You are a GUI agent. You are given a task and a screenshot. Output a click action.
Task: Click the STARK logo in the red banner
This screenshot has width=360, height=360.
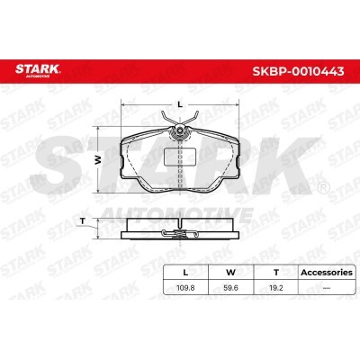pos(38,70)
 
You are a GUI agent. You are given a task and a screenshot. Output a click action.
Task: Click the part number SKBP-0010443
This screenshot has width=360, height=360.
pos(298,71)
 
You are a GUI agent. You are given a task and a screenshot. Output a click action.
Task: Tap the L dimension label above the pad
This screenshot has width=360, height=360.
pos(180,104)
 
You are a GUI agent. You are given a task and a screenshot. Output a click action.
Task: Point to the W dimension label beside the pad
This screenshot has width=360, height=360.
pos(98,160)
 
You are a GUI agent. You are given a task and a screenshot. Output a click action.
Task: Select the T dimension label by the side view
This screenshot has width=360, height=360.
pos(83,221)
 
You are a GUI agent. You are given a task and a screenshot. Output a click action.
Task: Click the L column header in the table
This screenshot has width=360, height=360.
pos(185,273)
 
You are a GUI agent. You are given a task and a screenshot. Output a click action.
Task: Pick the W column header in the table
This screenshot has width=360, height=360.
pos(230,273)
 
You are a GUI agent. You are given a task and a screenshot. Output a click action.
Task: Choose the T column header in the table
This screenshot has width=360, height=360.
pos(276,273)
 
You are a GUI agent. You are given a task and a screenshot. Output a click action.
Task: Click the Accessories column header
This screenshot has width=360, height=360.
pos(327,273)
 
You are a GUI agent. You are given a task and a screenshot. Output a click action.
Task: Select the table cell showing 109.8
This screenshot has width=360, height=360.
pos(185,288)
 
